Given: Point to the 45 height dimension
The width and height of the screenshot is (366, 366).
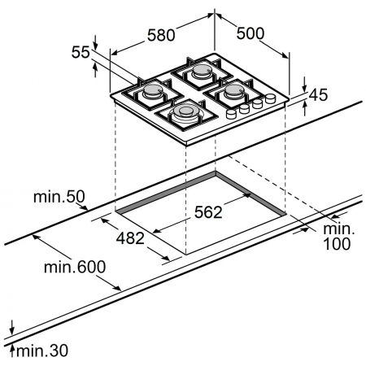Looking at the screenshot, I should tap(318, 95).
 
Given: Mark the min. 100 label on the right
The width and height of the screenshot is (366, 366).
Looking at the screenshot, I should tap(334, 237).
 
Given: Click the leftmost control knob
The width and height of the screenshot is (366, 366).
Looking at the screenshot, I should tap(231, 115).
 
